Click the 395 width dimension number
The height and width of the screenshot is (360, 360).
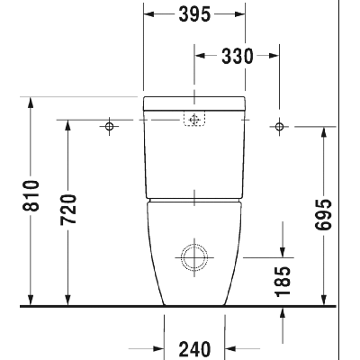pyautogui.click(x=194, y=14)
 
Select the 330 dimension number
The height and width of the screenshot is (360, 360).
pyautogui.click(x=238, y=56)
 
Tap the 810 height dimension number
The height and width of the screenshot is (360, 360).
pyautogui.click(x=31, y=195)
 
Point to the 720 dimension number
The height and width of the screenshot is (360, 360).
pyautogui.click(x=68, y=210)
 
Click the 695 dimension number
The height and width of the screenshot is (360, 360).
pyautogui.click(x=323, y=214)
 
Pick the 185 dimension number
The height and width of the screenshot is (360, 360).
pyautogui.click(x=283, y=282)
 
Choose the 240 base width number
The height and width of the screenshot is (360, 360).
pyautogui.click(x=194, y=349)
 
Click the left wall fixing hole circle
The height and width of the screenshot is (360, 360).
pyautogui.click(x=110, y=126)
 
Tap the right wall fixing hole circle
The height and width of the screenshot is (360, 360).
pyautogui.click(x=280, y=126)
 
